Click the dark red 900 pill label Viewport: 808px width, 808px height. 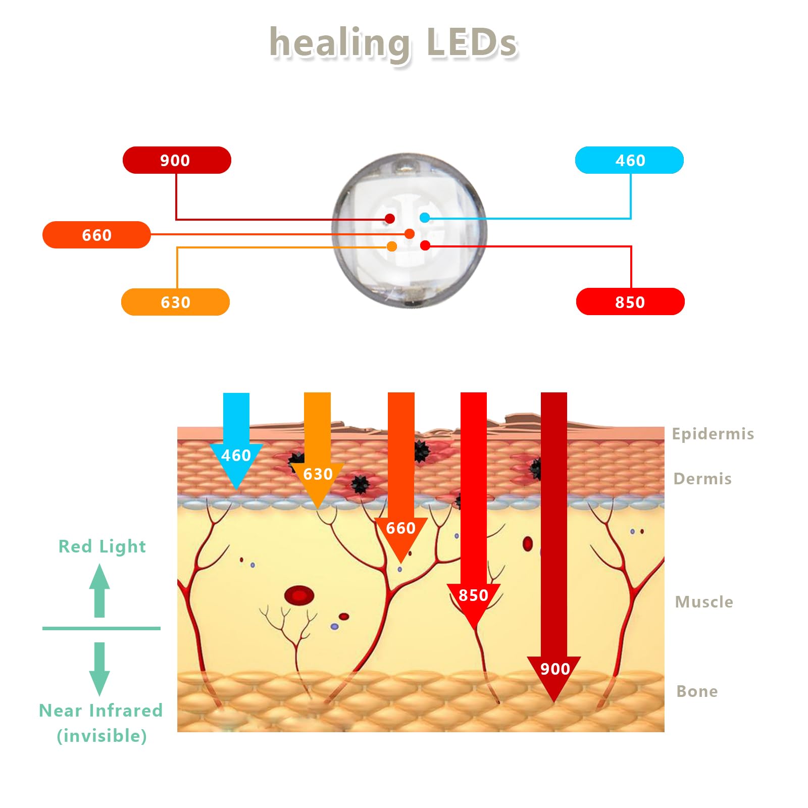click(x=177, y=160)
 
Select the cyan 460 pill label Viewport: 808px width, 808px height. click(x=629, y=160)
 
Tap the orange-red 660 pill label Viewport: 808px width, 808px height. click(x=96, y=235)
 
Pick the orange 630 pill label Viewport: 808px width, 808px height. click(x=175, y=302)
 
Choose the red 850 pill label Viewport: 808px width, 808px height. click(x=630, y=302)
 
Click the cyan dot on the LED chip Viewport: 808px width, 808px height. click(x=425, y=218)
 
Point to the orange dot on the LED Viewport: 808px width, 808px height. click(x=392, y=246)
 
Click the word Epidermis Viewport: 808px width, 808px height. click(x=713, y=434)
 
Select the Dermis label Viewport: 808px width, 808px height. click(x=702, y=479)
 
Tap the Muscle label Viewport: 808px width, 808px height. click(x=704, y=602)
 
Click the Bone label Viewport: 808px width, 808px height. click(x=697, y=691)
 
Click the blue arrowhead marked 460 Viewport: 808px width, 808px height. click(x=236, y=462)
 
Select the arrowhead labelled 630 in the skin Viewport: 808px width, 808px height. click(x=318, y=480)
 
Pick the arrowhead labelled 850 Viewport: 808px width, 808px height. click(x=473, y=601)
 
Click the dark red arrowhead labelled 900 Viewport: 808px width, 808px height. click(x=554, y=674)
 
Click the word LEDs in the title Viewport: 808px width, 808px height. click(x=472, y=42)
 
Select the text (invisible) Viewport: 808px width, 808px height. click(x=102, y=736)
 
